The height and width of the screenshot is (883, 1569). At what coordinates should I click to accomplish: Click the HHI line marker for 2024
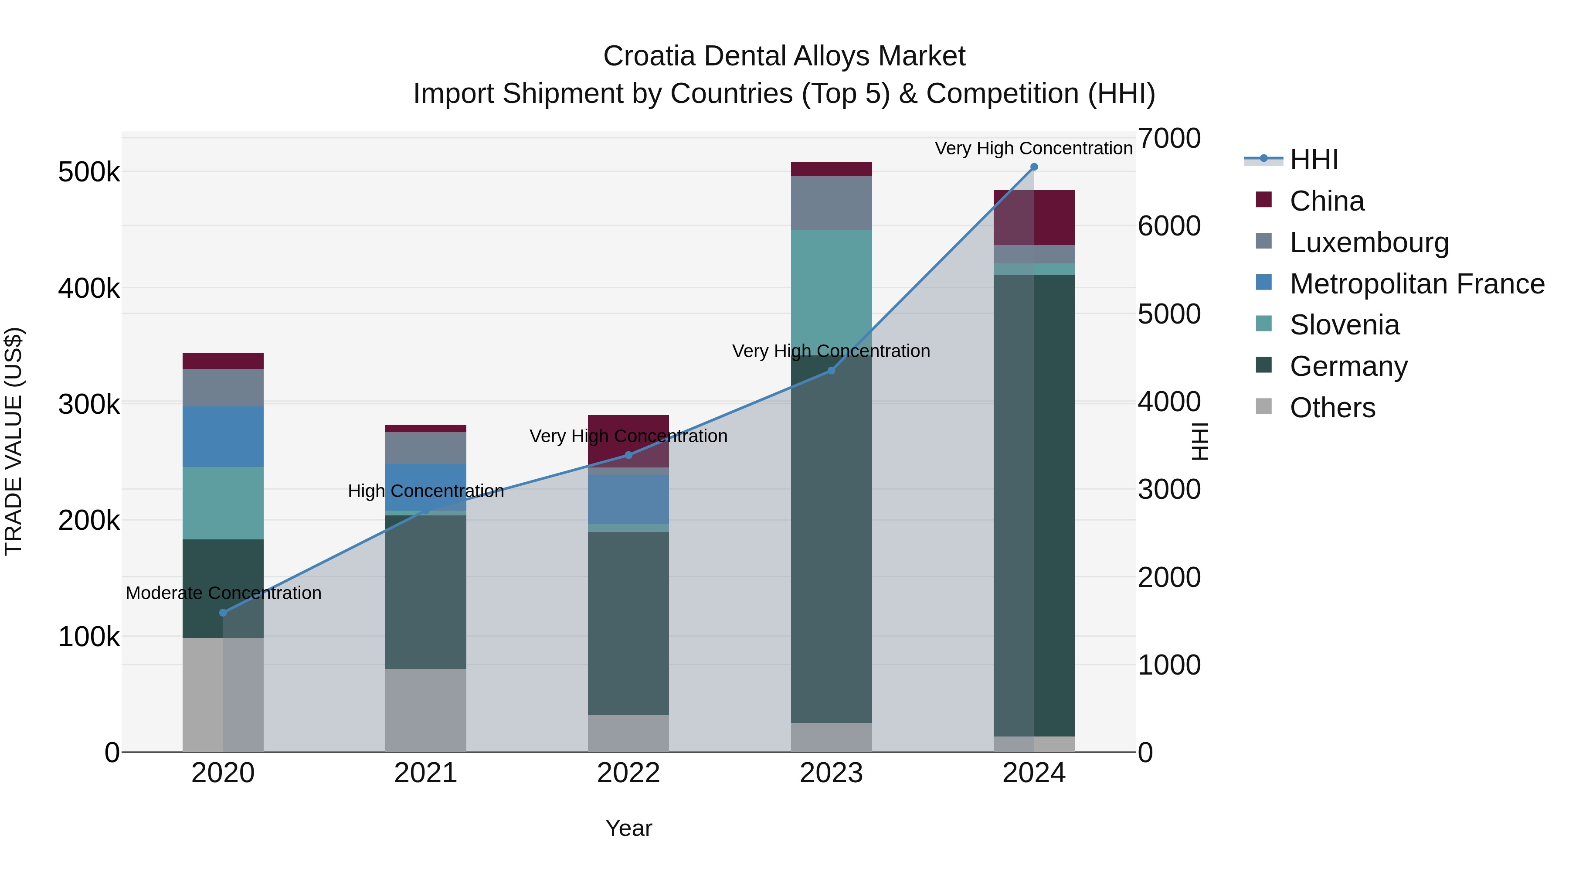point(1034,167)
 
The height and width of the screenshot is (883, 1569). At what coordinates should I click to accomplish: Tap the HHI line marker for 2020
point(223,613)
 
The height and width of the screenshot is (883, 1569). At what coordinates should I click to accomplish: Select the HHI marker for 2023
point(831,371)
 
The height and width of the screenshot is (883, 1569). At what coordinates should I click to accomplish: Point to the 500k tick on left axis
point(89,172)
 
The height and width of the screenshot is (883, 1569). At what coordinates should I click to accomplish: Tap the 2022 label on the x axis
point(628,773)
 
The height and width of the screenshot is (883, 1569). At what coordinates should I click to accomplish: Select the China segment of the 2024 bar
point(1054,218)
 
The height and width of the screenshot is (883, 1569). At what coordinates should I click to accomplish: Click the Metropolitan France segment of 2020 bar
point(223,436)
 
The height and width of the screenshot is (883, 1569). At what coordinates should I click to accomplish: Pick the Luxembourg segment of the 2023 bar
point(831,203)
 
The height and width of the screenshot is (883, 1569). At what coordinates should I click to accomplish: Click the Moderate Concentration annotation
point(224,593)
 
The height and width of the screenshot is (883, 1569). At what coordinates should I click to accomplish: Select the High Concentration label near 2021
point(426,491)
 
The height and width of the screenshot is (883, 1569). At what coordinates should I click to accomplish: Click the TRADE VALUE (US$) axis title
point(14,441)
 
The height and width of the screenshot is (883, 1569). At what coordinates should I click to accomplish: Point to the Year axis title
point(628,828)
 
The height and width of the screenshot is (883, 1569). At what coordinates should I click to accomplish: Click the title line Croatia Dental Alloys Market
point(784,56)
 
